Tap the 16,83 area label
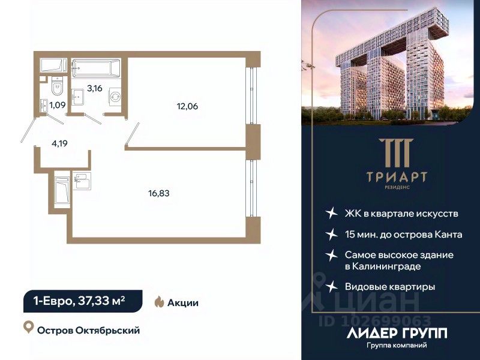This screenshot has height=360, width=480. tap(159, 193)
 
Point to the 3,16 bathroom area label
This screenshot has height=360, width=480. tap(94, 89)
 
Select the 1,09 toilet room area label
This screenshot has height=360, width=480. tap(58, 105)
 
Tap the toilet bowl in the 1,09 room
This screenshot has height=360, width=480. tap(57, 88)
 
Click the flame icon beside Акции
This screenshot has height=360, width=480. tap(160, 302)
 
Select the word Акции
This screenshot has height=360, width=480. tap(184, 303)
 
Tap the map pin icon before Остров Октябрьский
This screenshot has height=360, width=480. tap(28, 328)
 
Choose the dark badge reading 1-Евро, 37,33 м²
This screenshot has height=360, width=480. tap(83, 301)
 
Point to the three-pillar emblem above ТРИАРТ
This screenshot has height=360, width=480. tap(390, 153)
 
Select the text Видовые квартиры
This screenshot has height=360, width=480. tap(390, 287)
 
